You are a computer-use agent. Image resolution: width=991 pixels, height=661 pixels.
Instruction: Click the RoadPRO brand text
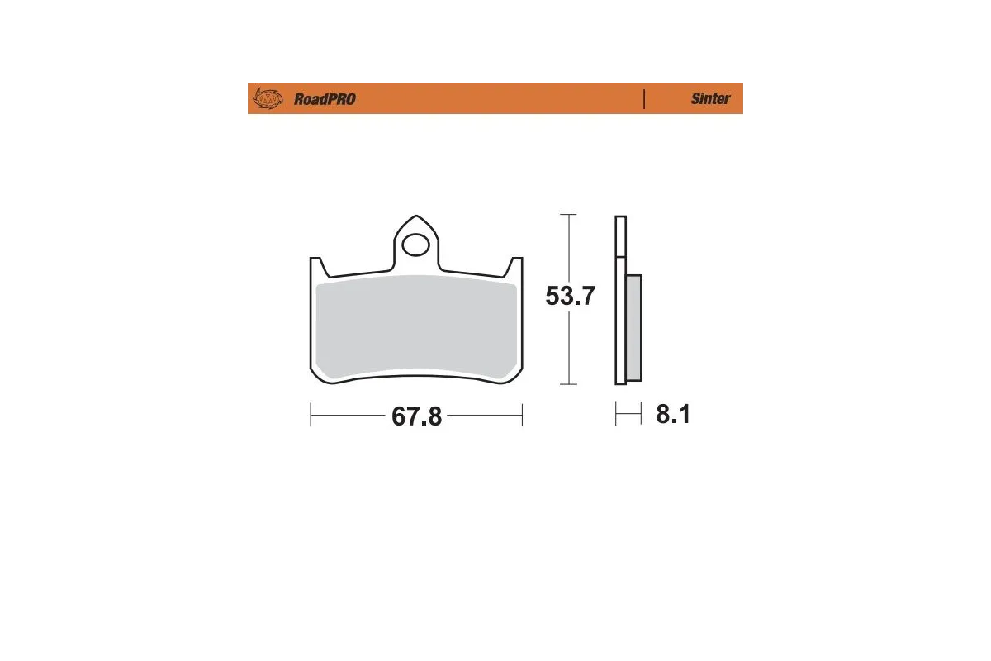(325, 99)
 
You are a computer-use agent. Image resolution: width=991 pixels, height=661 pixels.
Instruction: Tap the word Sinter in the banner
(710, 99)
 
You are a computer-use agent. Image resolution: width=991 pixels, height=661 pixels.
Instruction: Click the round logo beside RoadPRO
(268, 99)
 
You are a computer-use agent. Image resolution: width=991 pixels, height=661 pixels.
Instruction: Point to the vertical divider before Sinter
(643, 99)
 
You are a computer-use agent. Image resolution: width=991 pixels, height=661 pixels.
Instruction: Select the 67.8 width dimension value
(417, 416)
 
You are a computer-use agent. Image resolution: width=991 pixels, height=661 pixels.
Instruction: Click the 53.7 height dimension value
(570, 296)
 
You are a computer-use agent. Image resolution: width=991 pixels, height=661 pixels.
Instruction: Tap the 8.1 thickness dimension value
(673, 415)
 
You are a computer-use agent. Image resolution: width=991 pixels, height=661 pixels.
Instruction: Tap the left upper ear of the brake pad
(316, 266)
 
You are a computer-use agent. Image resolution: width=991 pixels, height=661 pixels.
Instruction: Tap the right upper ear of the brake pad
(516, 266)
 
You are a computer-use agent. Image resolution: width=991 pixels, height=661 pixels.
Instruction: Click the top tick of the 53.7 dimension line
(567, 215)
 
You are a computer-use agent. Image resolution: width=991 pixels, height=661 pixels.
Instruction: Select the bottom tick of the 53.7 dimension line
(567, 384)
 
